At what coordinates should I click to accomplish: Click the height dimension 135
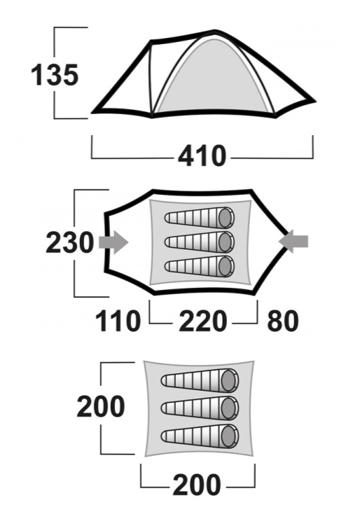click(x=55, y=75)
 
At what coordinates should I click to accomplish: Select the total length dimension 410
click(x=202, y=156)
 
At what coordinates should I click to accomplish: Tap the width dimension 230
click(x=70, y=242)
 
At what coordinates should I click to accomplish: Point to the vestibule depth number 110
click(x=118, y=321)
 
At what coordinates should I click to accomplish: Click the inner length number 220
click(x=203, y=321)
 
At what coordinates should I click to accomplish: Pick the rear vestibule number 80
click(x=283, y=321)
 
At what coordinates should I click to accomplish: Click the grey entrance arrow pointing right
click(x=113, y=242)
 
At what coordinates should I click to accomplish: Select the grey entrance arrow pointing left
click(x=293, y=241)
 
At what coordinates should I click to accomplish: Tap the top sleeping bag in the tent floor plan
click(x=200, y=217)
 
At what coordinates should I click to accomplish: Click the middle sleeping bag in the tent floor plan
click(x=200, y=242)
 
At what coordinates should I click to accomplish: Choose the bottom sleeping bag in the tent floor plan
click(x=200, y=266)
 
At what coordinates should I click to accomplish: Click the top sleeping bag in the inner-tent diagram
click(x=200, y=380)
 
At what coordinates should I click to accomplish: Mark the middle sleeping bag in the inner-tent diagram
click(x=200, y=408)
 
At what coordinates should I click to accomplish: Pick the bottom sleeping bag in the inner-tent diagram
click(x=200, y=436)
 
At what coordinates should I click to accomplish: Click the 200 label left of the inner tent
click(x=100, y=406)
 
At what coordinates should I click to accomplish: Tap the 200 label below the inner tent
click(x=197, y=485)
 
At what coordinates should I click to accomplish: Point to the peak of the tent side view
click(x=215, y=32)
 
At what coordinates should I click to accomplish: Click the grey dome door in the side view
click(x=212, y=77)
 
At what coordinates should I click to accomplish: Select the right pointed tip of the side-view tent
click(x=314, y=101)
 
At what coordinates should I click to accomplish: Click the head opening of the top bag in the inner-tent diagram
click(x=229, y=380)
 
